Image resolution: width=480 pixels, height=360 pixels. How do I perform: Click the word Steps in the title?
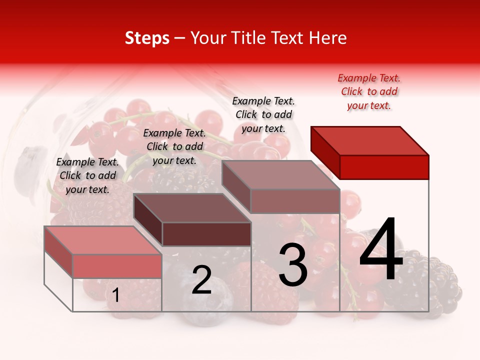tap(147, 38)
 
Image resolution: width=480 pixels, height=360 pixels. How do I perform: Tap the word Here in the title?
tap(328, 38)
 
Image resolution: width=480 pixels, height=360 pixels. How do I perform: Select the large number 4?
tap(381, 250)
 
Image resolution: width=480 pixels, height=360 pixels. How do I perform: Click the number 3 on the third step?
tap(293, 265)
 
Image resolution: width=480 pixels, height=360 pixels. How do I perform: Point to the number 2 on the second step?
tap(201, 280)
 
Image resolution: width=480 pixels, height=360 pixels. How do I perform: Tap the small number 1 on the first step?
tap(115, 295)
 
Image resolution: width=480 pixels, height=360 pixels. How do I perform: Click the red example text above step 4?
tap(369, 91)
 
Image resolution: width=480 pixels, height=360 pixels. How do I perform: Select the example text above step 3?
tap(263, 114)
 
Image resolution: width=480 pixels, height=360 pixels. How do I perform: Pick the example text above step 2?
tap(174, 146)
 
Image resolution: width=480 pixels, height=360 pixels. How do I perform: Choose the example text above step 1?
tap(87, 175)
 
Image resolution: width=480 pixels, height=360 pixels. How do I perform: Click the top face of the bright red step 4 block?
tap(369, 140)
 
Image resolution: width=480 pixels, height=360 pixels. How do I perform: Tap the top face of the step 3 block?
tap(280, 174)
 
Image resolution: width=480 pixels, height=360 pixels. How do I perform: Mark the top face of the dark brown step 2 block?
tap(192, 208)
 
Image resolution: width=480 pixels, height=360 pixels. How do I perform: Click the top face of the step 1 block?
tap(103, 240)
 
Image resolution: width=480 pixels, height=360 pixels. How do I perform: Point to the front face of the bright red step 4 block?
tap(384, 167)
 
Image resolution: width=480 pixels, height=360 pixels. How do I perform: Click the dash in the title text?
tap(180, 38)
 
